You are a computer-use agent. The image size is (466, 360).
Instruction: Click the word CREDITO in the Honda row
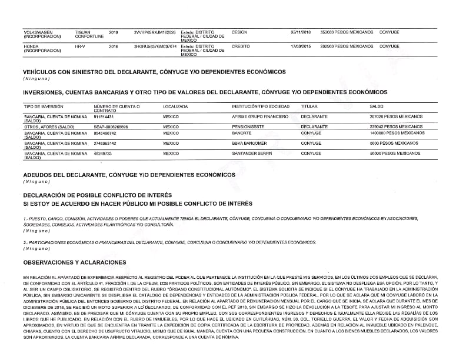[x=241, y=45]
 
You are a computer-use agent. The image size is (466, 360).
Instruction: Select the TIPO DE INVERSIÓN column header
[x=43, y=106]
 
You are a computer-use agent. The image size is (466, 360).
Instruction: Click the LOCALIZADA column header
[x=175, y=106]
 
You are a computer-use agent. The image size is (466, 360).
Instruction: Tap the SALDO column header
[x=376, y=106]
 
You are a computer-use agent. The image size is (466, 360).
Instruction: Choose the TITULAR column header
[x=309, y=106]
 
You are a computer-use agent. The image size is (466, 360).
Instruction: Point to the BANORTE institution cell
[x=243, y=134]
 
